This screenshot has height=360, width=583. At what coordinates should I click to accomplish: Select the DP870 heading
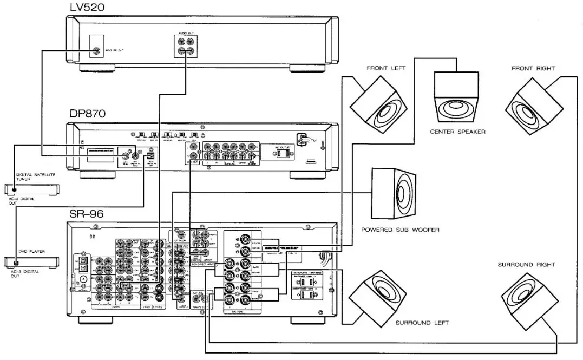87,114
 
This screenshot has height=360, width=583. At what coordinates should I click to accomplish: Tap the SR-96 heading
86,214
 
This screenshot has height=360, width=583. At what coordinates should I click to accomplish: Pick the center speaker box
457,98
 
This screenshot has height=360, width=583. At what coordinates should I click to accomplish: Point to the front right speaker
530,104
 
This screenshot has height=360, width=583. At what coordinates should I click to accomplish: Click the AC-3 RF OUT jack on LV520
97,51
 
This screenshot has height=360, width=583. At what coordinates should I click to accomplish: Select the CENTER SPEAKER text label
457,132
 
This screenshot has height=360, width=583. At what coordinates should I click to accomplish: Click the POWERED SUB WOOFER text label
400,230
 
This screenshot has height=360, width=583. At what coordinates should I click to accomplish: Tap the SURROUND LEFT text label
422,323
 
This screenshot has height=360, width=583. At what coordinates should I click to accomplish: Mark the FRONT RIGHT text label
533,69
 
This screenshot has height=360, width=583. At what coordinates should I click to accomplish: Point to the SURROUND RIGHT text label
526,265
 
